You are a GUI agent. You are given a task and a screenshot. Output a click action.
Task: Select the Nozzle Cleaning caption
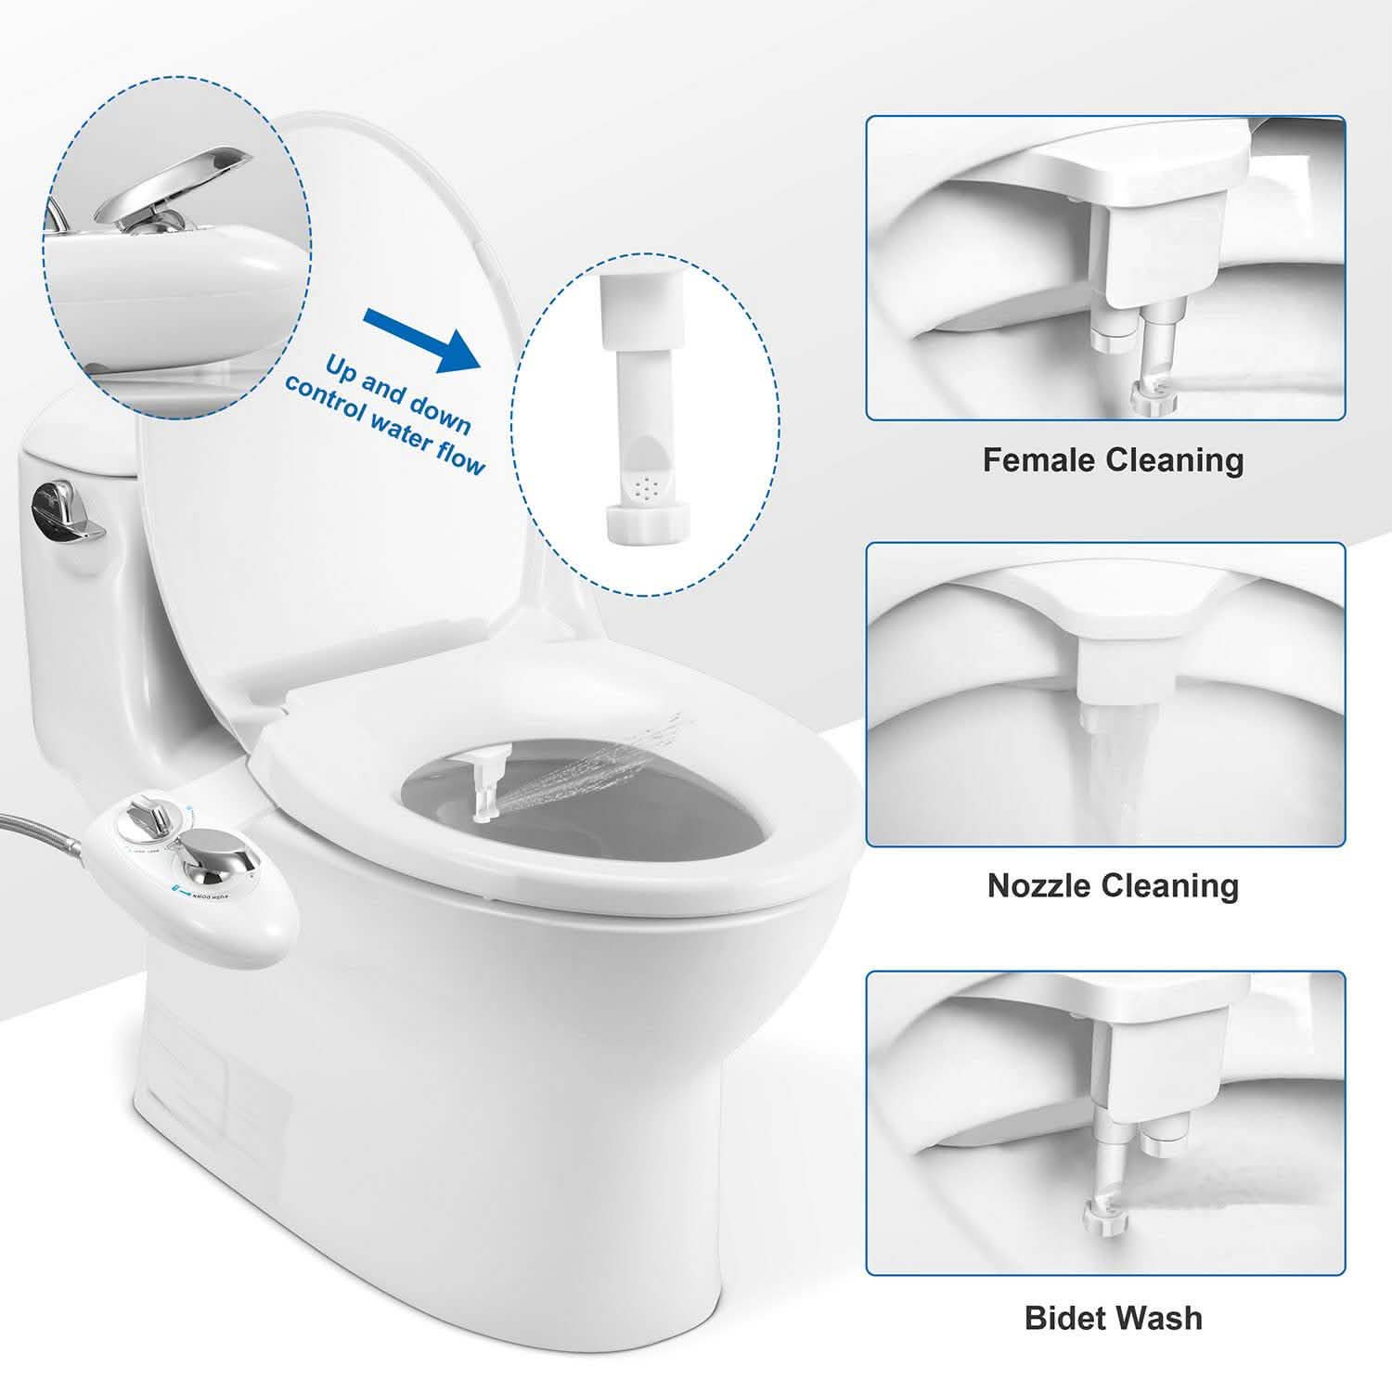click(1113, 885)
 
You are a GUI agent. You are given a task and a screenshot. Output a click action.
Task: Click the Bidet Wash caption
click(1113, 1318)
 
